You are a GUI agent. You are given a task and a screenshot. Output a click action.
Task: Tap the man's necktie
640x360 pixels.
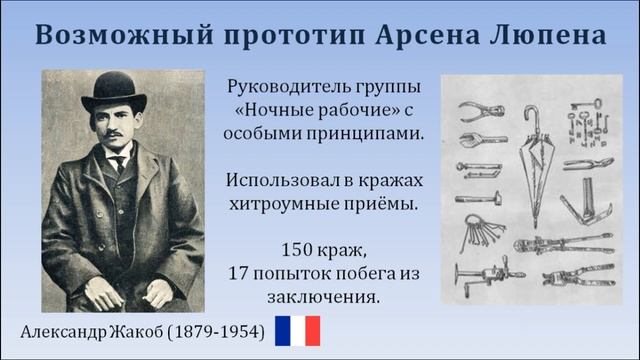pyautogui.click(x=118, y=163)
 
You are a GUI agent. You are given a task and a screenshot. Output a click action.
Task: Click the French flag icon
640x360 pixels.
pyautogui.click(x=297, y=331)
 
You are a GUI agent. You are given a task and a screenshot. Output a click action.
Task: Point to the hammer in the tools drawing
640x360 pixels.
pyautogui.click(x=478, y=197)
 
